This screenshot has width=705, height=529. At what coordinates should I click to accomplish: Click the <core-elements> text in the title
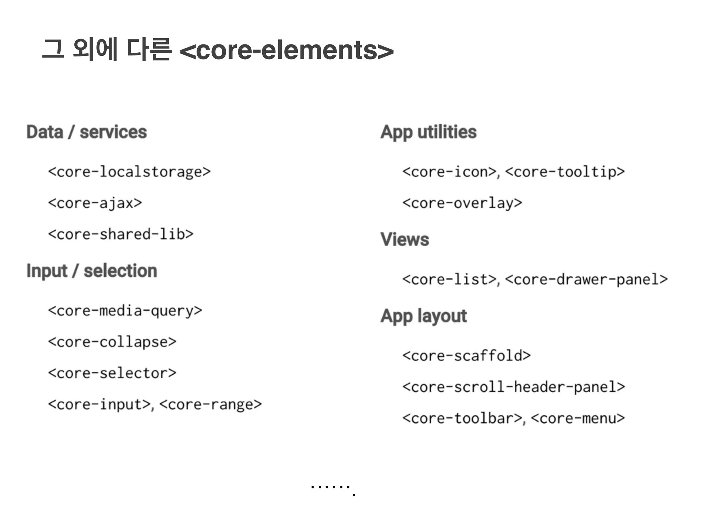click(286, 50)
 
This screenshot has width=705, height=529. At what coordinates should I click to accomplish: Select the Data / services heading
click(87, 132)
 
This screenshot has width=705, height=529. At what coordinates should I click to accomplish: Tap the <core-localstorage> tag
click(129, 172)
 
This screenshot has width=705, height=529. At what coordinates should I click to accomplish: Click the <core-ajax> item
click(95, 203)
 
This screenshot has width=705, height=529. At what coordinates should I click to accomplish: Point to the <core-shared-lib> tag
click(120, 235)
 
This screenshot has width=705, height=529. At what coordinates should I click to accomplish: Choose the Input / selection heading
click(92, 271)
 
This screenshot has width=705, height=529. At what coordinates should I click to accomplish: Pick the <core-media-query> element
click(125, 311)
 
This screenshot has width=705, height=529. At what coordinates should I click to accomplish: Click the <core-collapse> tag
click(112, 342)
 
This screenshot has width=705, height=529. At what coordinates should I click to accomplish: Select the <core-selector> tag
click(112, 373)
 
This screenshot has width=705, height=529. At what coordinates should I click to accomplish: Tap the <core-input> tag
click(99, 405)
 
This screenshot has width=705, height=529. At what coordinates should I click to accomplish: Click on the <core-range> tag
click(211, 405)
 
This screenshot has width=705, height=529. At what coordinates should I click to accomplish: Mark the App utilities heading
click(429, 132)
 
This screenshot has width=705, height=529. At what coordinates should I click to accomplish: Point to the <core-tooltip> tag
click(565, 172)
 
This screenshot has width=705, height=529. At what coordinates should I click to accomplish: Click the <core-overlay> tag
click(462, 203)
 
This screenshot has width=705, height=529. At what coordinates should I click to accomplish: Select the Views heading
click(405, 239)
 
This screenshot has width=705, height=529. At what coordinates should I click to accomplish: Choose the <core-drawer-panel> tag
click(587, 279)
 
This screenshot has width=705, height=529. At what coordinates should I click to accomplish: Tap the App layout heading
click(424, 316)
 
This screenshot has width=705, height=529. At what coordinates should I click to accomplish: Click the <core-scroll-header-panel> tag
click(514, 387)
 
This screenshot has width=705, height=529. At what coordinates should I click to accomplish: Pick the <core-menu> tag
click(578, 418)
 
